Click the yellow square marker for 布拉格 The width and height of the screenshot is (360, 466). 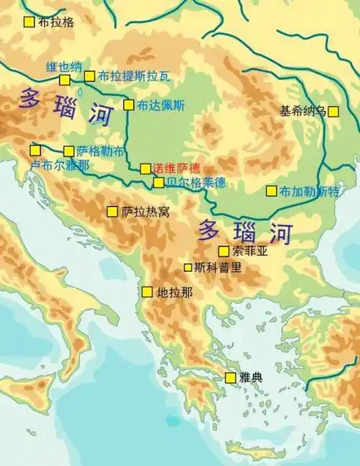tap(29, 22)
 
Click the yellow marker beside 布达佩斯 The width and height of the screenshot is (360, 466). tap(129, 104)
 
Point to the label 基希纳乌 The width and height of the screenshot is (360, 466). tap(302, 111)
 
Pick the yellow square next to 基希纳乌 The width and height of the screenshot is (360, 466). tap(333, 111)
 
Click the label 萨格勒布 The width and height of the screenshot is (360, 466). tap(100, 151)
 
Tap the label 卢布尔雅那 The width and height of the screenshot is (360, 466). tap(60, 165)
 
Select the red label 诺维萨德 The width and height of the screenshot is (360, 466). tap(176, 168)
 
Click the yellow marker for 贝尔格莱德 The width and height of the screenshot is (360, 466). tap(158, 182)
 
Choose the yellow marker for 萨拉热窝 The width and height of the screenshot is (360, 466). tap(112, 211)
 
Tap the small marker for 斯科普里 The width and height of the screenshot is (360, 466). tap(188, 267)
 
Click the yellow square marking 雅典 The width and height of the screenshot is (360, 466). tap(230, 377)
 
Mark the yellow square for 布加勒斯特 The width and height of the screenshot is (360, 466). tap(271, 191)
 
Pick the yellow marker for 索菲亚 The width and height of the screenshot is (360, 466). tap(224, 251)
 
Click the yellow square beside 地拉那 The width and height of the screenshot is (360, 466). tap(147, 292)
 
